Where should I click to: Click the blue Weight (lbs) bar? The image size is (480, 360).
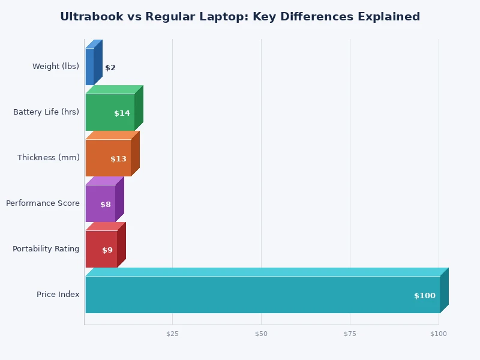[x=90, y=67]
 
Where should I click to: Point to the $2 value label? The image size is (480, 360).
[x=110, y=68]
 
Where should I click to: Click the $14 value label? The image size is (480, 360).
[x=122, y=113]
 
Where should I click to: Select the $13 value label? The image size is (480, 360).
[x=118, y=159]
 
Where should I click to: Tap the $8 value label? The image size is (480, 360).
[x=106, y=205]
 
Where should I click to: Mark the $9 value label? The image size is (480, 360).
[x=107, y=250]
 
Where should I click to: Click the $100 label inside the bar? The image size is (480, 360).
[x=425, y=296]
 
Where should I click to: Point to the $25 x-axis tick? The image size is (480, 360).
[x=172, y=334]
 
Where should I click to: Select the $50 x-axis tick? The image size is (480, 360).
[x=261, y=334]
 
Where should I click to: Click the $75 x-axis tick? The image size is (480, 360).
[x=350, y=334]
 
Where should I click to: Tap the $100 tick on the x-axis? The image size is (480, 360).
[x=439, y=334]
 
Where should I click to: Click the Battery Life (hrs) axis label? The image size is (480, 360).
[x=46, y=112]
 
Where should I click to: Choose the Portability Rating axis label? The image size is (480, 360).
[x=46, y=249]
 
